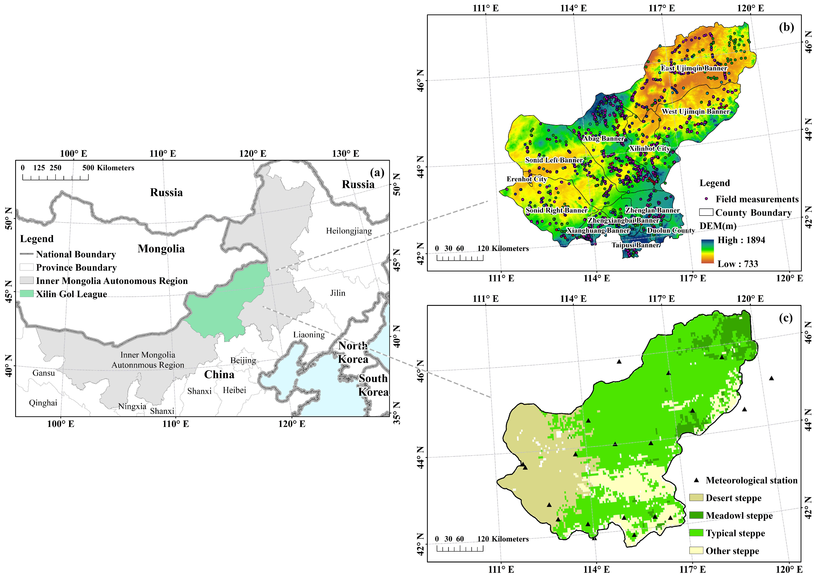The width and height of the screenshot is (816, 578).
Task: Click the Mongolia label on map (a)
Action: click(161, 248)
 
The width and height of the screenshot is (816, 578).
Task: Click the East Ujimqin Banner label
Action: click(694, 68)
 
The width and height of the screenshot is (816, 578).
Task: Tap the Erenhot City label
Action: click(526, 179)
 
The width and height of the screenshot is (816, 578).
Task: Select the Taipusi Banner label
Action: click(635, 245)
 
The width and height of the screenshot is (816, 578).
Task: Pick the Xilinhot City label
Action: click(649, 148)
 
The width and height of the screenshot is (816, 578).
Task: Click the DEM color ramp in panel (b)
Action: click(707, 251)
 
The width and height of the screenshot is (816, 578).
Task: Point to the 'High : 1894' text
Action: click(741, 240)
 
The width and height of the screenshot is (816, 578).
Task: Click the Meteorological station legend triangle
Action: click(697, 480)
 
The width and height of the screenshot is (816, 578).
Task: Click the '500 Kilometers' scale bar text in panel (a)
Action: click(108, 168)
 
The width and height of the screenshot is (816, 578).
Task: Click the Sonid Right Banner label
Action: click(556, 210)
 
